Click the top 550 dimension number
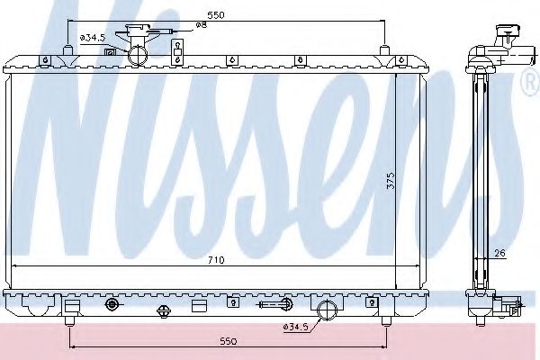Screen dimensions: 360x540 point(214,16)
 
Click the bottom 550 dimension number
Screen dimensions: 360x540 point(228,341)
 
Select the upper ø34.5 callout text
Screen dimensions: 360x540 point(92,38)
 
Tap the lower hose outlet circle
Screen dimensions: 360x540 point(328,310)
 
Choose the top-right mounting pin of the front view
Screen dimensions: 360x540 point(385,51)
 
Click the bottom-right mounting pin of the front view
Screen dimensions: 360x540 point(385,319)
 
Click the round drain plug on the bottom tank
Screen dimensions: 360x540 point(112,304)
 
